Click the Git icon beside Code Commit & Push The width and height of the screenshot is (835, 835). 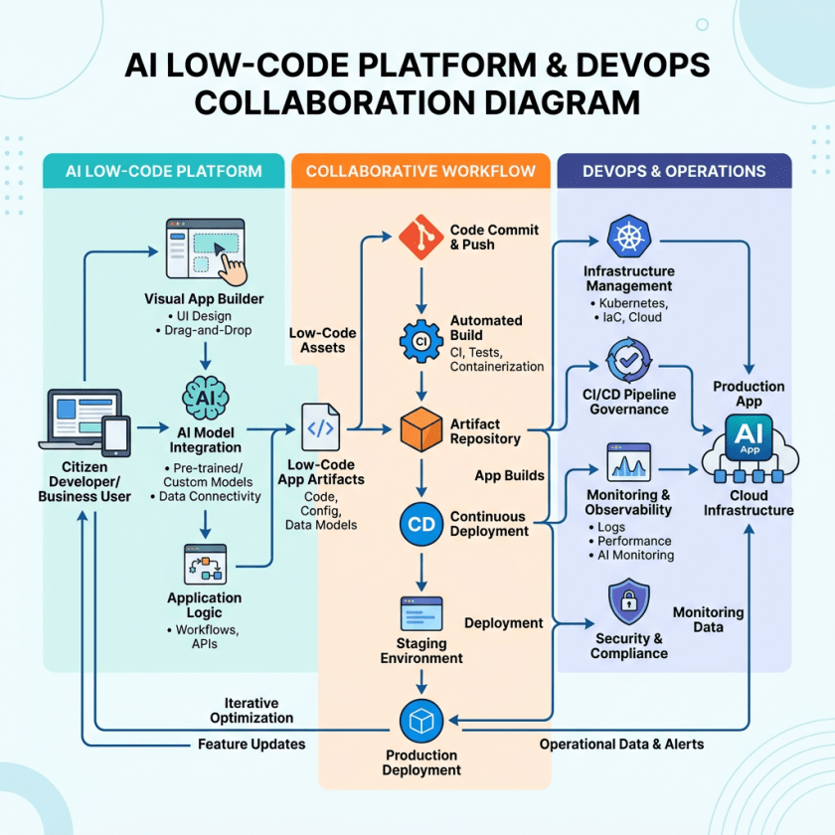click(x=418, y=237)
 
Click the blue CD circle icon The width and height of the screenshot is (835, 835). click(x=420, y=524)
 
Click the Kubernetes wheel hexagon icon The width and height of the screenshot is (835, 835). click(x=628, y=238)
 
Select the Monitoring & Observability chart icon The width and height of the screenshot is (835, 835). click(x=628, y=463)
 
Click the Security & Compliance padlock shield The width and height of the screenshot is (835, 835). click(x=628, y=602)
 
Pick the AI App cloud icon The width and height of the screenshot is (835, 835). click(x=749, y=449)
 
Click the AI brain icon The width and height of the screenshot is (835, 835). click(x=204, y=396)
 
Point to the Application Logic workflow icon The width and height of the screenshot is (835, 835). click(x=205, y=564)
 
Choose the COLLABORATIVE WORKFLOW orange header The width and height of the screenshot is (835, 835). click(x=420, y=171)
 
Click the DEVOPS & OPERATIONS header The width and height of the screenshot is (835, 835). click(x=673, y=171)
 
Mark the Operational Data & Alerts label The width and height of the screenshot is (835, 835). click(x=621, y=745)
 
